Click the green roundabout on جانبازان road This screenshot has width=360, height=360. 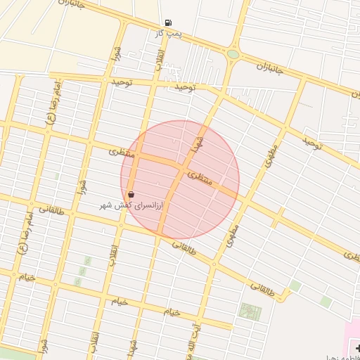coord(233,54)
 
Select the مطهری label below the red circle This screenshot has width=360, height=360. coord(233,236)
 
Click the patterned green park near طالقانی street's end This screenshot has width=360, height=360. coord(249,311)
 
